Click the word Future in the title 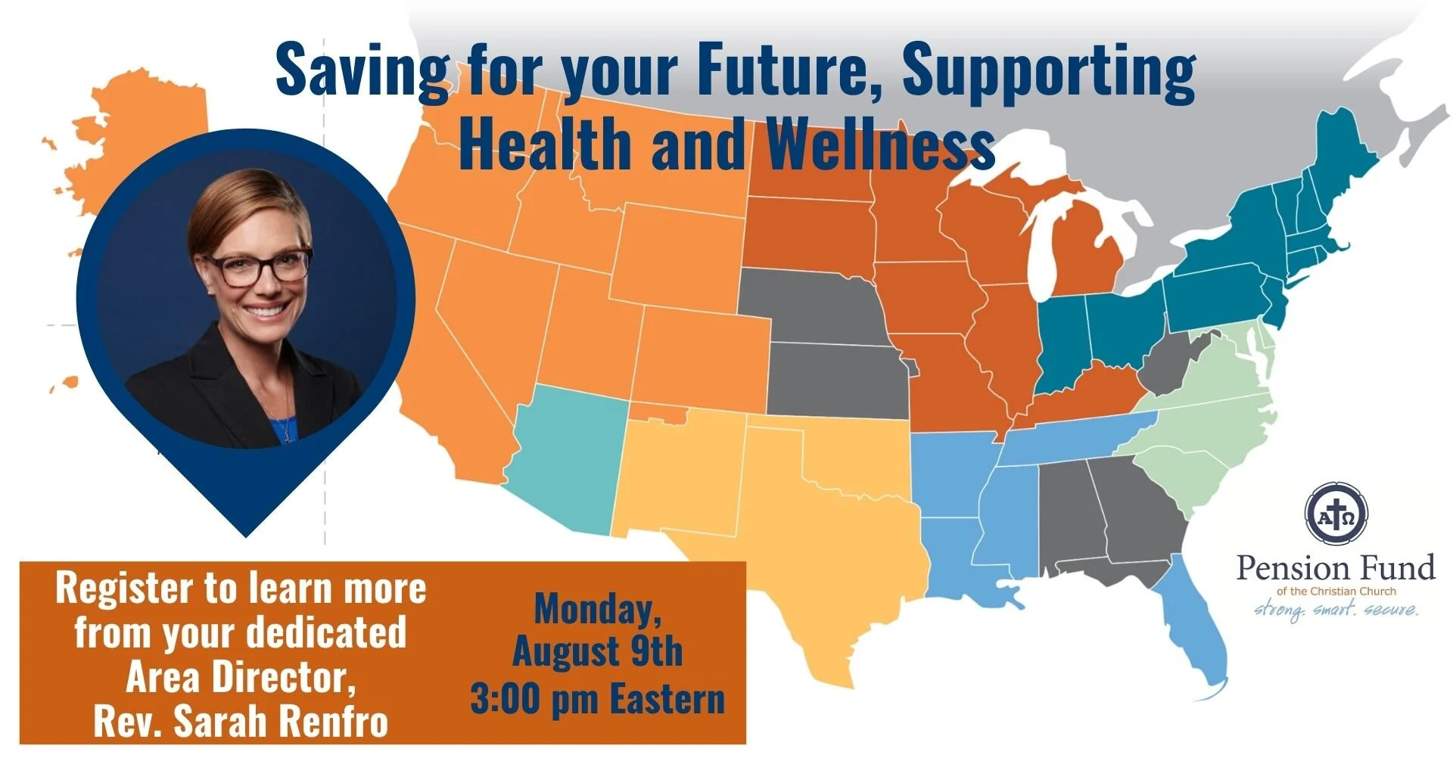pos(787,70)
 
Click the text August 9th pos(597,651)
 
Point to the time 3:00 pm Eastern pos(597,699)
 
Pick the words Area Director pos(241,677)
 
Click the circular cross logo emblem pos(1336,513)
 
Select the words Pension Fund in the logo pos(1336,568)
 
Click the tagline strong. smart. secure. pos(1336,609)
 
